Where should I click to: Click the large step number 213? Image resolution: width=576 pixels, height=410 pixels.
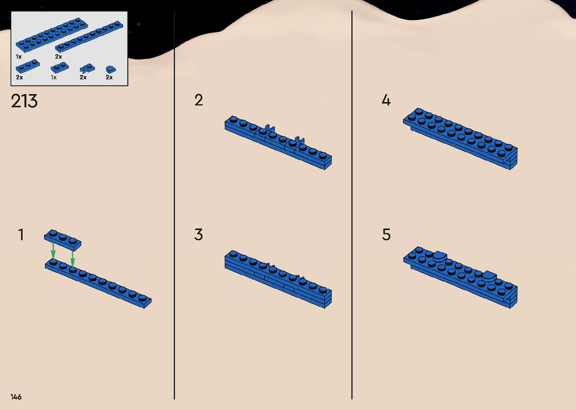24,101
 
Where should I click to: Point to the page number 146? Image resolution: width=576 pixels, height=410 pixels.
16,397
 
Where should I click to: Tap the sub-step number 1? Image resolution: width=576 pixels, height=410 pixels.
21,235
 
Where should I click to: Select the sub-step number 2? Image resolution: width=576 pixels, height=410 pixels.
199,100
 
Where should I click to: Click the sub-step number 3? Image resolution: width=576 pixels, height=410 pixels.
199,235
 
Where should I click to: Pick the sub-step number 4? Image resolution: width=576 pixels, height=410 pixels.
386,100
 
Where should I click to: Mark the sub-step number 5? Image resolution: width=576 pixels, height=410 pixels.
386,235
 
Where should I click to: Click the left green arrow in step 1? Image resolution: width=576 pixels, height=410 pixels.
53,250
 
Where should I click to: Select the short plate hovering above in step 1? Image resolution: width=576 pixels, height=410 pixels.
62,240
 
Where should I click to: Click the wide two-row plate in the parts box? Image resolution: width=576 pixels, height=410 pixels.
52,35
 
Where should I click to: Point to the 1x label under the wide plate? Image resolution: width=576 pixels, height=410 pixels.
19,57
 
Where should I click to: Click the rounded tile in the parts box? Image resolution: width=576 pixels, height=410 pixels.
111,69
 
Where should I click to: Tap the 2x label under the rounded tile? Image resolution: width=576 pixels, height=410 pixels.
109,78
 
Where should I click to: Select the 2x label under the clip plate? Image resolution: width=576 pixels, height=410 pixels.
83,78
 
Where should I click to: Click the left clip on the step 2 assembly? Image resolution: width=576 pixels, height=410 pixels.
269,129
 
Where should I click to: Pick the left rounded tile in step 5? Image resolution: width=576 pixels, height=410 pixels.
439,256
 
